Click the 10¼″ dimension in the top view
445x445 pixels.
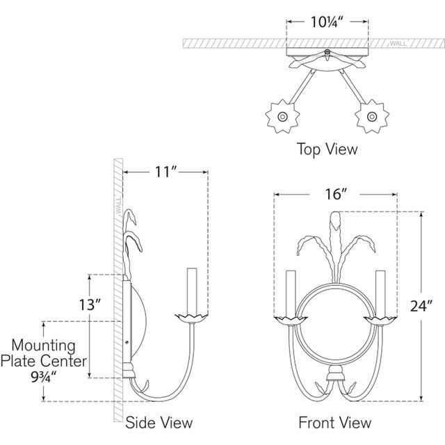[x=327, y=22]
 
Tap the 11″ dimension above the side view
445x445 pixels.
[x=165, y=172]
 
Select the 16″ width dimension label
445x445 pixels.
[x=336, y=195]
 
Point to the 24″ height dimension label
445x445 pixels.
[x=421, y=306]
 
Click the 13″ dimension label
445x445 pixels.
[x=90, y=305]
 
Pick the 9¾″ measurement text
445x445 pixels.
[x=44, y=377]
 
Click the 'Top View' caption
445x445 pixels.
[x=327, y=149]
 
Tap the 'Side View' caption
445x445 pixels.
[x=159, y=423]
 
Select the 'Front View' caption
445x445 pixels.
[x=335, y=423]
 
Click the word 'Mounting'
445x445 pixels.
[x=43, y=346]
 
